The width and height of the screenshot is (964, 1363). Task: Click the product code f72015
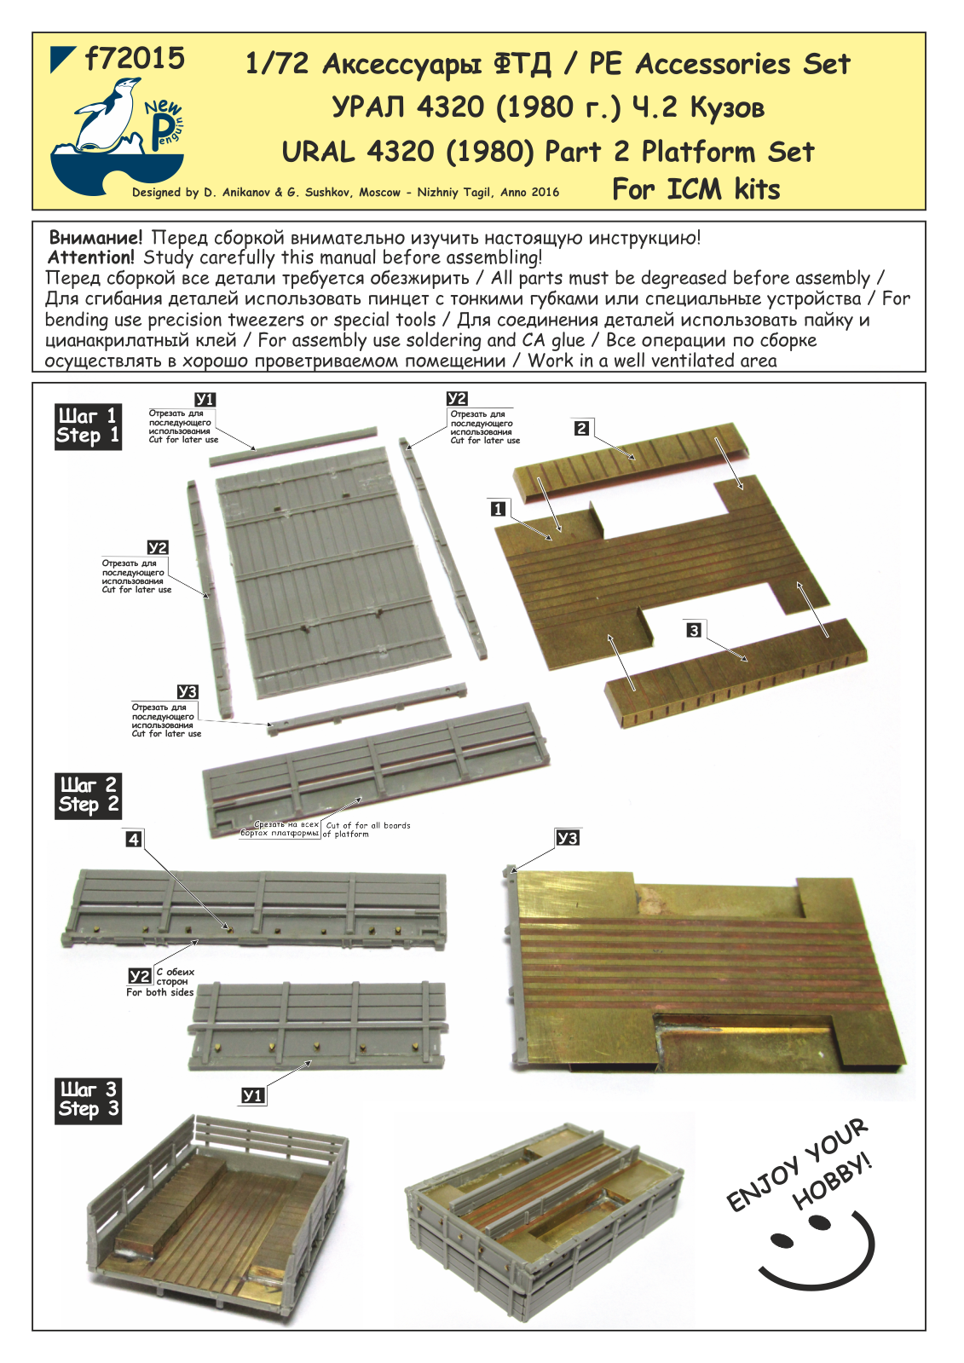(135, 59)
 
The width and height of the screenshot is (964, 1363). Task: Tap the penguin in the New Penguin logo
(107, 114)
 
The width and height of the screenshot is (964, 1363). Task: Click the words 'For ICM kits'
(696, 189)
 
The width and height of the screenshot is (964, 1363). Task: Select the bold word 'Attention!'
(91, 257)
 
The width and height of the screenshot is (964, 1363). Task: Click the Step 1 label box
(87, 426)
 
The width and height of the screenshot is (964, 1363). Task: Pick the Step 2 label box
(88, 795)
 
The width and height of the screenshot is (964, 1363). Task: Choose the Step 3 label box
(88, 1100)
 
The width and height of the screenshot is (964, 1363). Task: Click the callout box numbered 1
(498, 509)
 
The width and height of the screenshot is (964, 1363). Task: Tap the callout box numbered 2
(581, 428)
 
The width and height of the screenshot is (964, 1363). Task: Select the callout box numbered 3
(694, 630)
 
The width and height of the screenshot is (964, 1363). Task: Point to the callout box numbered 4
(133, 839)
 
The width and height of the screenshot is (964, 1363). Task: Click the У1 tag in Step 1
(205, 399)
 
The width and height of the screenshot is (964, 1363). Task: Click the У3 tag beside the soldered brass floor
(567, 838)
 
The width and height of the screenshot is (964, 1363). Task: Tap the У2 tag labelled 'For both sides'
(139, 976)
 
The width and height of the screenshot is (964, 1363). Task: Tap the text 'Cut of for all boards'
(367, 825)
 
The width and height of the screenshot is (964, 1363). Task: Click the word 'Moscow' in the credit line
(379, 193)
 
